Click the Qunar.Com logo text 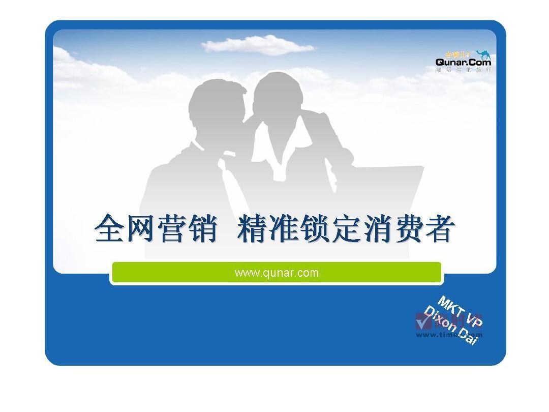463,62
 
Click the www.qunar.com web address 277,273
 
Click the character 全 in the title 110,229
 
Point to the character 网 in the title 141,229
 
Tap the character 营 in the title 172,229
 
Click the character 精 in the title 253,229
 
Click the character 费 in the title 407,229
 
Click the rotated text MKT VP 460,311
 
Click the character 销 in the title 203,229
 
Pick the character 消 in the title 377,229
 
